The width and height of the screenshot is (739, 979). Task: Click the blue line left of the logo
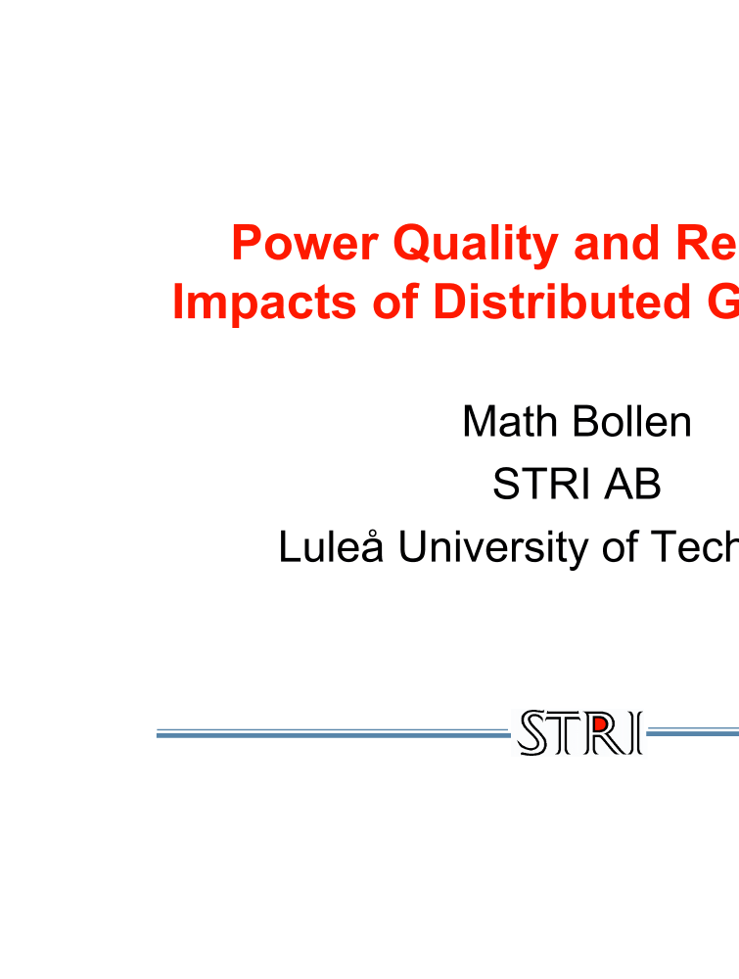coord(333,732)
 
